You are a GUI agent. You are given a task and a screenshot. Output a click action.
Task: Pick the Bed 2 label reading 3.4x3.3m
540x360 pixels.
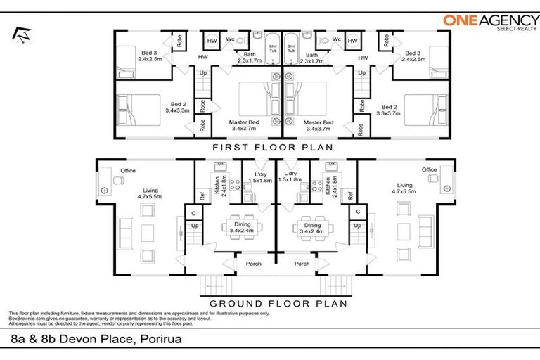(x=176, y=107)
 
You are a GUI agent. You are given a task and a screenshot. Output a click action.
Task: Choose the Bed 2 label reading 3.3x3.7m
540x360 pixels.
(x=387, y=107)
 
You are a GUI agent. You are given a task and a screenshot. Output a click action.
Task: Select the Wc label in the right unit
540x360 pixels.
(x=337, y=39)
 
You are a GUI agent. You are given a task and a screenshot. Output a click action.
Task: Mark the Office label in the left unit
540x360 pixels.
(x=127, y=170)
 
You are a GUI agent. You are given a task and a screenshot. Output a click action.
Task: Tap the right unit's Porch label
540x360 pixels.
(x=302, y=264)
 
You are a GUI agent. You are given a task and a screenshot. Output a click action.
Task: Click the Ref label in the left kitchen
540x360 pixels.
(x=202, y=197)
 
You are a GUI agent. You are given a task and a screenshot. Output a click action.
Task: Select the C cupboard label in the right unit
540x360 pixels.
(x=358, y=212)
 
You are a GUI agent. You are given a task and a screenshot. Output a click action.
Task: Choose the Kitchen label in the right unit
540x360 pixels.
(x=328, y=185)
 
